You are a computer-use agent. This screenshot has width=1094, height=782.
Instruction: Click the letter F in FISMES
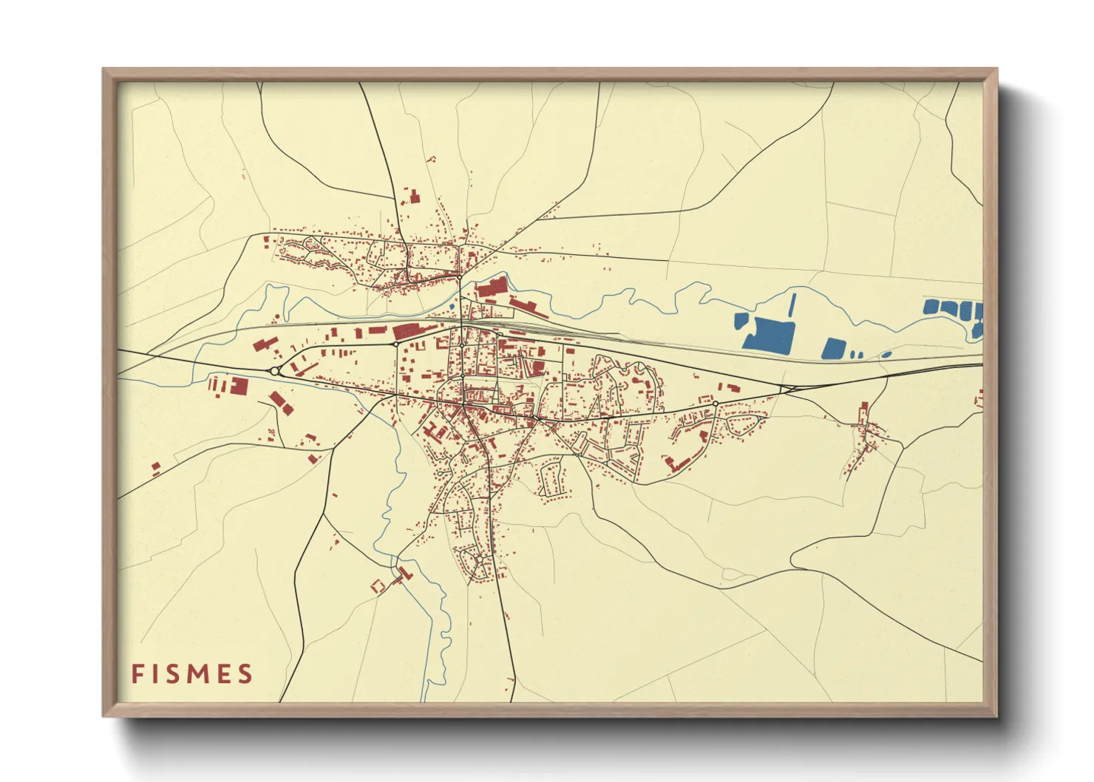pos(137,674)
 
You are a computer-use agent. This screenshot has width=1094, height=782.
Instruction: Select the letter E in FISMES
pos(221,674)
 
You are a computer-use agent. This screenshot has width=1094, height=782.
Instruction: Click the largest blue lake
pos(769,335)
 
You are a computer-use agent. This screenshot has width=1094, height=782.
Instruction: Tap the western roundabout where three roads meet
pos(275,371)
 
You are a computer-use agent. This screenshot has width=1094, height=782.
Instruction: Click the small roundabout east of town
pos(715,403)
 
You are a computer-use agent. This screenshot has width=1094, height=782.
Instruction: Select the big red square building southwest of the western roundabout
pos(239,386)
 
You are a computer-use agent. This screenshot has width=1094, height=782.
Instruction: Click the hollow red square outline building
pos(378,586)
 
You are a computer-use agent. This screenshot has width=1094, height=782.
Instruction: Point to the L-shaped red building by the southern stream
pos(403,573)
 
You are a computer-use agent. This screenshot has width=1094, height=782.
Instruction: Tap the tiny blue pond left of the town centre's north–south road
pos(452,305)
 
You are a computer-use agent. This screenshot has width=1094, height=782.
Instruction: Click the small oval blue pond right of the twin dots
pos(886,355)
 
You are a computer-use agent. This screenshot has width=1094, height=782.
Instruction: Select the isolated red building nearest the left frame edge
pos(155,467)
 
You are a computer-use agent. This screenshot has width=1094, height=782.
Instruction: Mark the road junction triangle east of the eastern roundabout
pos(786,388)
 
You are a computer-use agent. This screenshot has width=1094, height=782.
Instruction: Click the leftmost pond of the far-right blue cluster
pos(931,306)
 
